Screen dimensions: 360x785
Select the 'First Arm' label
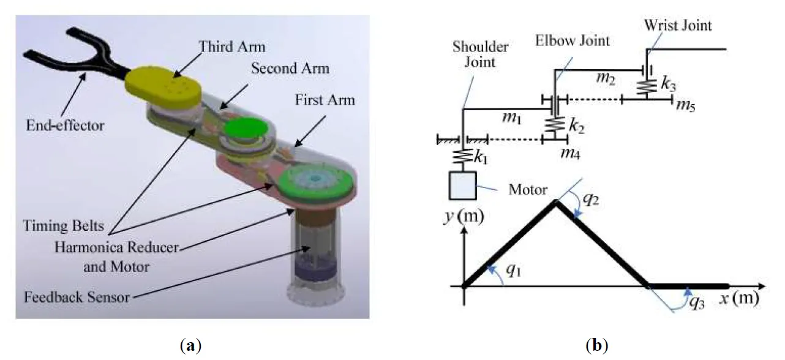[x=325, y=100]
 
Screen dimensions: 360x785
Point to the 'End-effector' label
[x=66, y=127]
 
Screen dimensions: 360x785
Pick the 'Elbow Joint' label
[x=573, y=41]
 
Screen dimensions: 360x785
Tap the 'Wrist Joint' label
[x=678, y=26]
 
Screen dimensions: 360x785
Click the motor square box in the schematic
[x=464, y=186]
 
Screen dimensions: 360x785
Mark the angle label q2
[x=588, y=200]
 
